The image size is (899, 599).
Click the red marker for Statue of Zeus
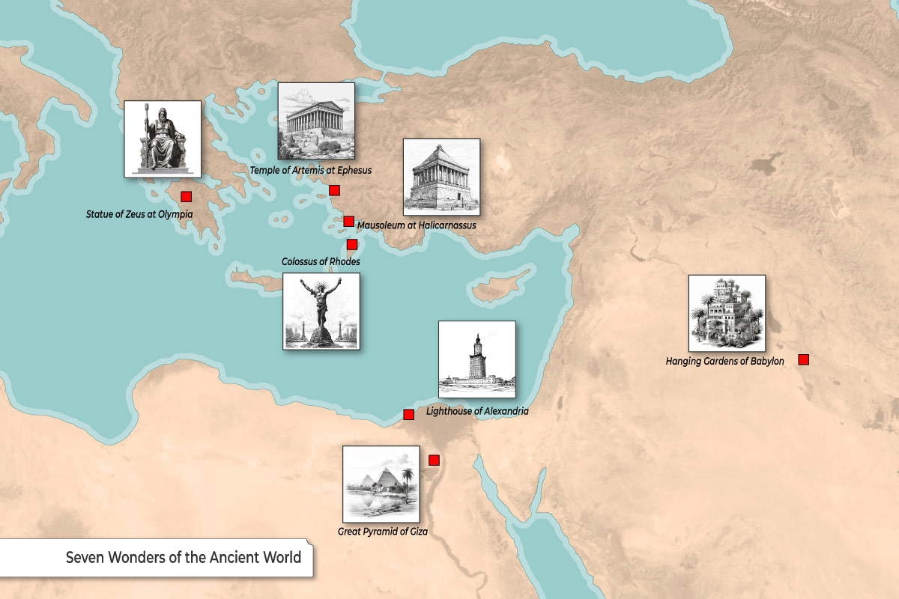[187, 197]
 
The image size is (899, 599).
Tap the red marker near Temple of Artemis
[334, 190]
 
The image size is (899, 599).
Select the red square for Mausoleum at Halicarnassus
[348, 221]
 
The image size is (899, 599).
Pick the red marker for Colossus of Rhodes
[352, 244]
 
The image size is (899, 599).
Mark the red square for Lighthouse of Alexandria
[409, 414]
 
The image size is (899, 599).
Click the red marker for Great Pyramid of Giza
[434, 460]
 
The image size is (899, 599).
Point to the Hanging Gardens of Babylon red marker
[804, 359]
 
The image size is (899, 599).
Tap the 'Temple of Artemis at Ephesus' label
[311, 171]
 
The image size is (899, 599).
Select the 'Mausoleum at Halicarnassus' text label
[417, 225]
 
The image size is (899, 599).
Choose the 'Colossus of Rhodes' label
[321, 261]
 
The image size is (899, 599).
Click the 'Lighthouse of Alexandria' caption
[477, 412]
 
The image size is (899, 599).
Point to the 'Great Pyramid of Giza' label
[382, 532]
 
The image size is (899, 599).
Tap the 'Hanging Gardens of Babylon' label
[724, 362]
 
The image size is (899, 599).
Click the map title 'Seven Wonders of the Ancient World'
[184, 558]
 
